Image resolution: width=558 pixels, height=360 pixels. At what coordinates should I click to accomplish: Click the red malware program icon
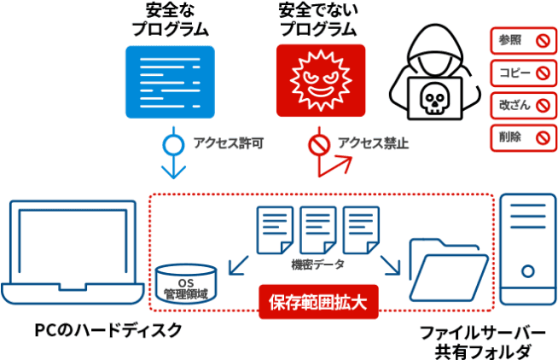[322, 80]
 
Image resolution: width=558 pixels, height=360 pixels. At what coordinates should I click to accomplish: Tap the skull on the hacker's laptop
[433, 101]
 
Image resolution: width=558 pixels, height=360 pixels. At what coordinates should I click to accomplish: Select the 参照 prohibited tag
[521, 39]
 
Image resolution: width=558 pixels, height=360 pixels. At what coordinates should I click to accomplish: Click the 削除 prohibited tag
[521, 136]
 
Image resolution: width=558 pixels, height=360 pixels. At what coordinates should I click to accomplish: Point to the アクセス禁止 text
[373, 143]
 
